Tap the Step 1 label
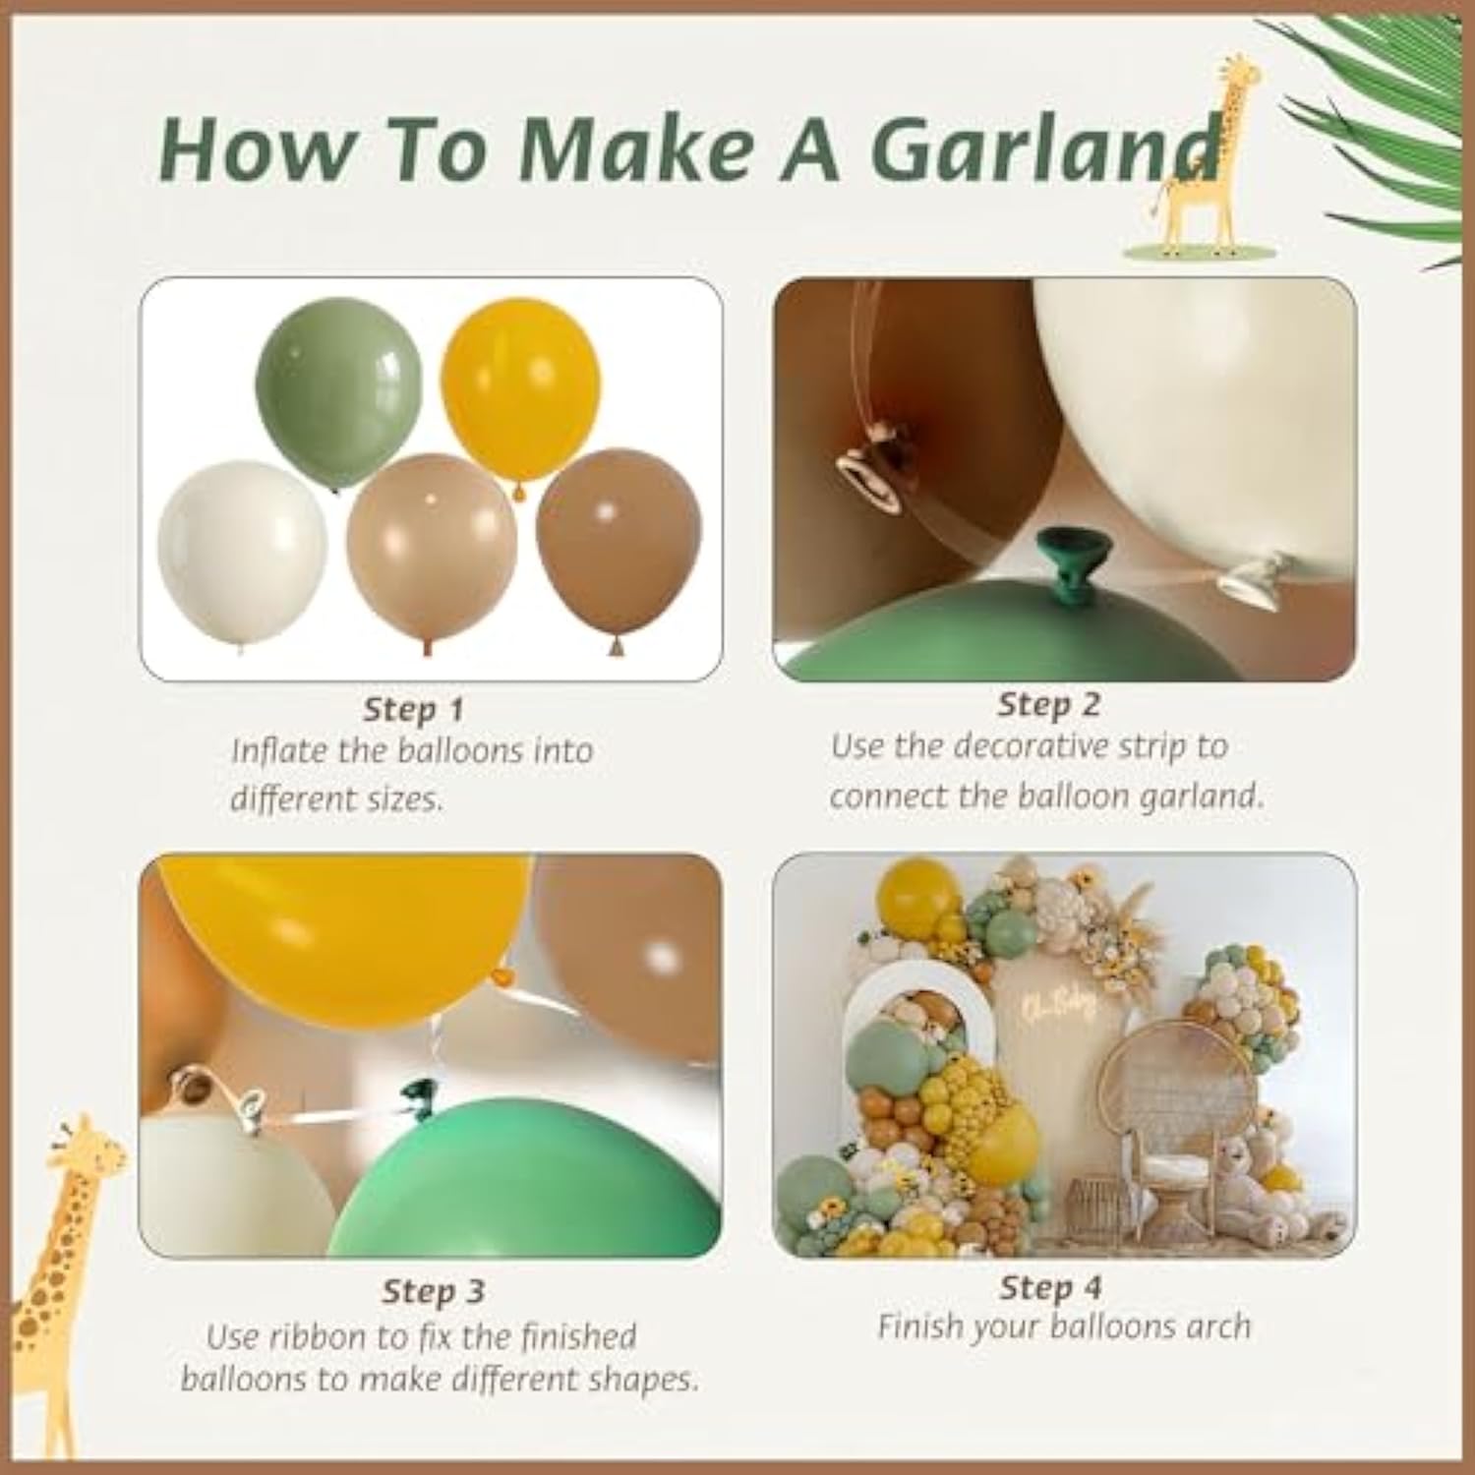point(413,709)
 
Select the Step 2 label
point(1048,704)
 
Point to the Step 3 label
point(434,1291)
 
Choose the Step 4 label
point(1050,1287)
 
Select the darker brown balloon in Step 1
point(619,551)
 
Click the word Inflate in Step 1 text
point(280,751)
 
